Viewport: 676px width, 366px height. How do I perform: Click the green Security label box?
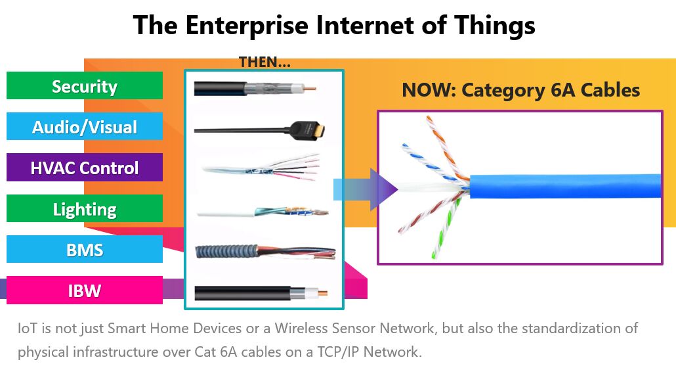tap(85, 85)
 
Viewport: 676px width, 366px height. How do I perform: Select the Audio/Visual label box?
tap(85, 126)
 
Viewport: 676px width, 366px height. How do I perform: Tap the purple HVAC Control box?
tap(85, 167)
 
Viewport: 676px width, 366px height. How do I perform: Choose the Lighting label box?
tap(85, 208)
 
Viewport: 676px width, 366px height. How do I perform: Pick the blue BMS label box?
tap(85, 249)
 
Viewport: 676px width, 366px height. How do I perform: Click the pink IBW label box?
tap(85, 290)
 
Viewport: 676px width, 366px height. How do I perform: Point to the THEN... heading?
tap(264, 62)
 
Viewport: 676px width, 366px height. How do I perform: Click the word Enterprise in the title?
tap(247, 25)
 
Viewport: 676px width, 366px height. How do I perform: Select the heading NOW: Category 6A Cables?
tap(521, 90)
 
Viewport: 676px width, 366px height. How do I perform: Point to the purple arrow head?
tap(384, 189)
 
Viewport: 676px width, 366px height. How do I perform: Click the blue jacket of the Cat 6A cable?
tap(565, 186)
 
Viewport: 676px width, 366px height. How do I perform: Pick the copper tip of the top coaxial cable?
tap(310, 89)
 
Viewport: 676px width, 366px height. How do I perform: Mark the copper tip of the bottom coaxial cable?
tap(322, 293)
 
